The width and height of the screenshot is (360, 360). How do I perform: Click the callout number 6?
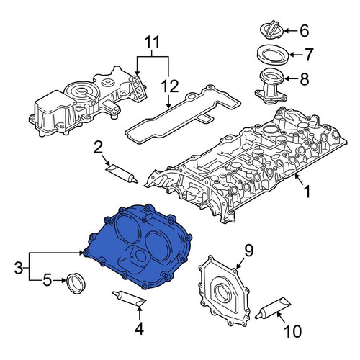click(x=305, y=31)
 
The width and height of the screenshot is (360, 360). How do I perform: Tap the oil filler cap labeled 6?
click(x=272, y=30)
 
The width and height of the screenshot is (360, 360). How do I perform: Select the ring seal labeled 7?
click(x=273, y=55)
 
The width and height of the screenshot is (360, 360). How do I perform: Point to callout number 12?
click(x=170, y=86)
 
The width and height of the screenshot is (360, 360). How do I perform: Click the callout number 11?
click(x=152, y=42)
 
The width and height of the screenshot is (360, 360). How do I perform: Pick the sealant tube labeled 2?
click(x=122, y=174)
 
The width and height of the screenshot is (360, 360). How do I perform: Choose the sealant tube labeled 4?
click(x=130, y=299)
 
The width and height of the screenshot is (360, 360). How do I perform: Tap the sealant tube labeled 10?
click(x=273, y=307)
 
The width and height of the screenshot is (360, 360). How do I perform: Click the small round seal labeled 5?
click(x=76, y=283)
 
